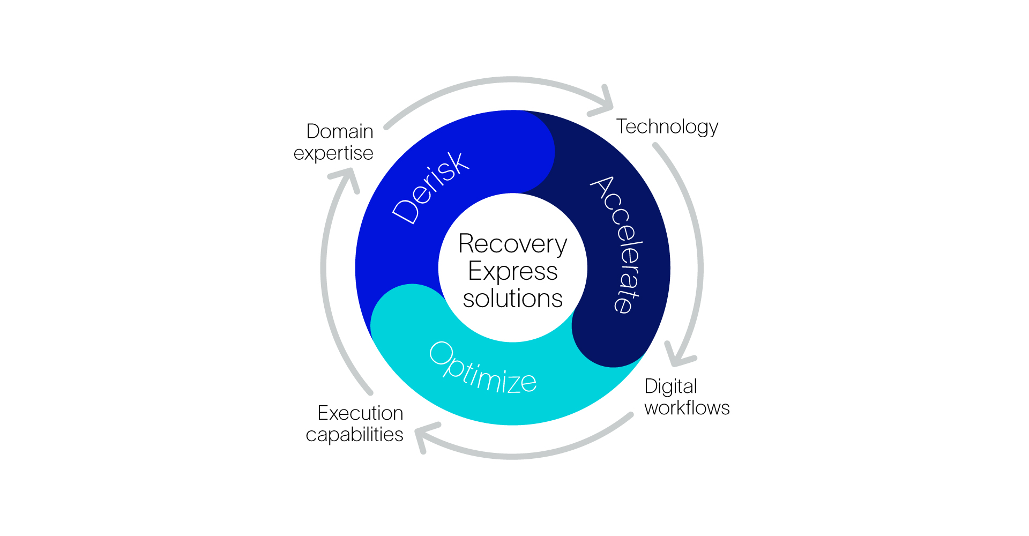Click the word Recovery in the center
point(512,244)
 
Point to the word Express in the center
point(512,271)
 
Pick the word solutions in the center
point(512,299)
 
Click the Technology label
point(667,127)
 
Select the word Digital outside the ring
point(670,386)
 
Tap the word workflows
point(687,408)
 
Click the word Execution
point(360,413)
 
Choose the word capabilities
point(354,435)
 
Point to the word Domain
point(340,131)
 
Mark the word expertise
point(333,153)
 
